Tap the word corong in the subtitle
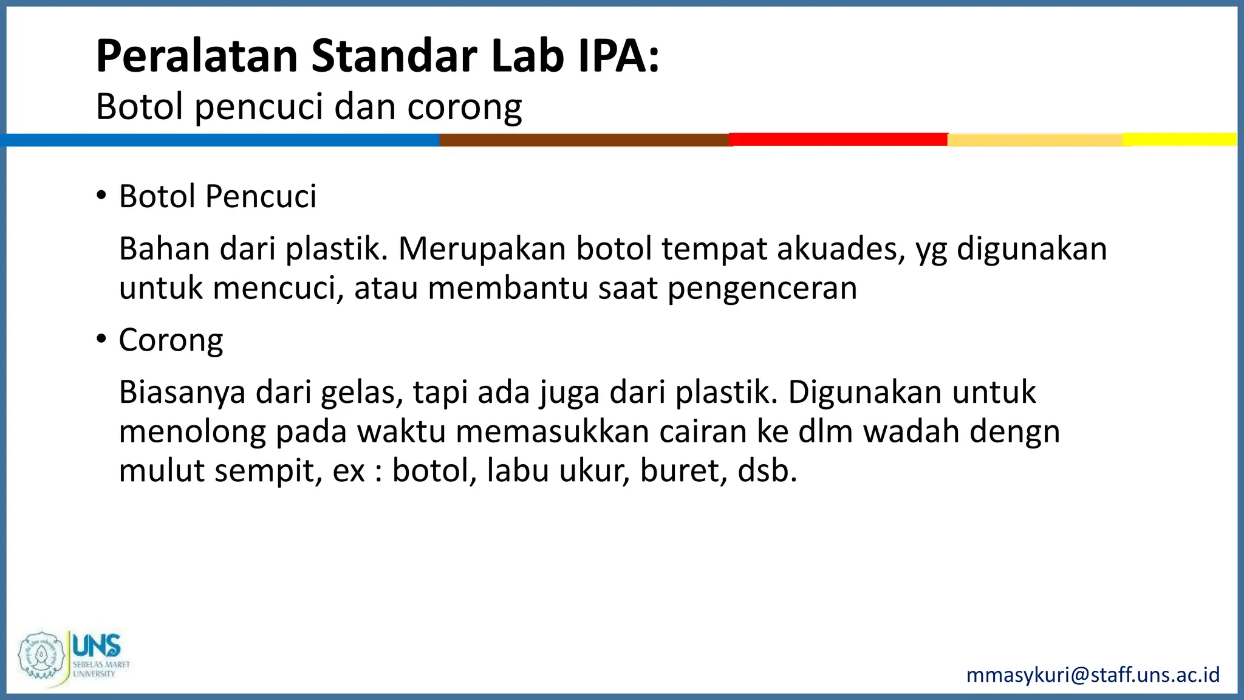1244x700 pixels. point(464,107)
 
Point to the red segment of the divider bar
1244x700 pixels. point(838,139)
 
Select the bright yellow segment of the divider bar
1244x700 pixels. point(1180,139)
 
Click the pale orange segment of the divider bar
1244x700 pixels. point(1035,140)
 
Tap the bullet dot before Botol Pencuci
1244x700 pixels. point(101,196)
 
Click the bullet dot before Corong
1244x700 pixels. point(101,339)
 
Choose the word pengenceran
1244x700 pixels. point(762,288)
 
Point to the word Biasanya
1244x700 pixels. point(182,393)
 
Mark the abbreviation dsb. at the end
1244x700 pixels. point(767,470)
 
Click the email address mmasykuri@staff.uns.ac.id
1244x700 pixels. point(1093,675)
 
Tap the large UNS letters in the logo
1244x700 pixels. point(97,645)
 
